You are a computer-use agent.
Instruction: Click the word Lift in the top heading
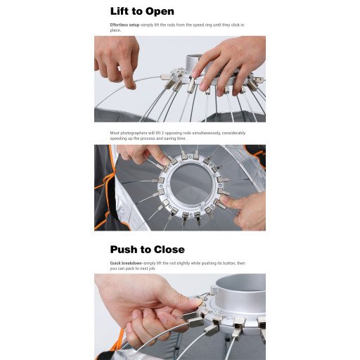pos(120,11)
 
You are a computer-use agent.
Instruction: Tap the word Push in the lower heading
pos(124,250)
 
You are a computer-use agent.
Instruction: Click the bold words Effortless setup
pos(124,25)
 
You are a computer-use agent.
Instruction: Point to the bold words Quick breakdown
pos(126,263)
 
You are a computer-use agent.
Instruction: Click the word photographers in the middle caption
pos(132,133)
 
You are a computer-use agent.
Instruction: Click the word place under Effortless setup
pos(115,30)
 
